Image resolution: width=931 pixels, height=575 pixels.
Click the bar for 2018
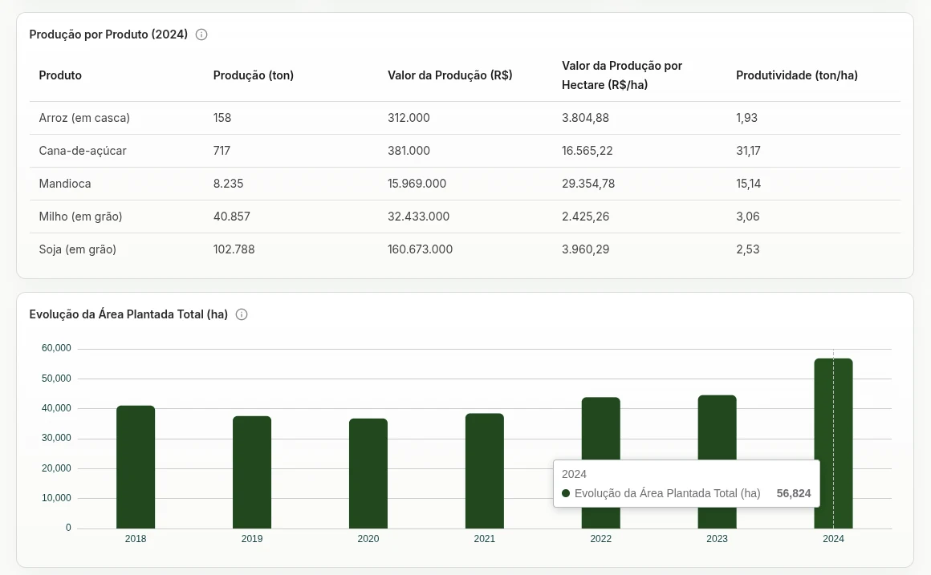tap(136, 467)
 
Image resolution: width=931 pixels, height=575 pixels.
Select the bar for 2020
tap(368, 473)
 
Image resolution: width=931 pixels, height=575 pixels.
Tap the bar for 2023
tap(718, 427)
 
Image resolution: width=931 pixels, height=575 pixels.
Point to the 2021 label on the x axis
tap(485, 539)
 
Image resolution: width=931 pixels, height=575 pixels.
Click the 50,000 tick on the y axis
tap(56, 379)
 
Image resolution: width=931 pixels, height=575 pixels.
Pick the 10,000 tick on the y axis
tap(56, 498)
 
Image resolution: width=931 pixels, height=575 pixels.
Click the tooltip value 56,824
tap(794, 494)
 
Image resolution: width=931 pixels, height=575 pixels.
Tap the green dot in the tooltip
tap(566, 493)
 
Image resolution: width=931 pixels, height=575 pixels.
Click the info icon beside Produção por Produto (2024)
tap(201, 34)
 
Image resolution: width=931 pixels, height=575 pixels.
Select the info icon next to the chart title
tap(242, 314)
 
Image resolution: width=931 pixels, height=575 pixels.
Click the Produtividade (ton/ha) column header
tap(797, 75)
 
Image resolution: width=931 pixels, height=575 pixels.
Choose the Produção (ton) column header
tap(254, 75)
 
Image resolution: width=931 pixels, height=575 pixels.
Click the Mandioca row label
tap(65, 184)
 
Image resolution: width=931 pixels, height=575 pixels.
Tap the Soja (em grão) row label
tap(78, 250)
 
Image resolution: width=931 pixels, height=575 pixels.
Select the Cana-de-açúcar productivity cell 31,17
tap(748, 151)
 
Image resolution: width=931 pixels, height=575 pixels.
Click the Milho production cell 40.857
tap(232, 217)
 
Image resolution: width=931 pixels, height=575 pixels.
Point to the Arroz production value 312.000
tap(409, 118)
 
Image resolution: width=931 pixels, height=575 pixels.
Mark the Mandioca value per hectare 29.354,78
tap(588, 184)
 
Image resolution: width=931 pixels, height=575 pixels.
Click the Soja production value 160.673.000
tap(420, 250)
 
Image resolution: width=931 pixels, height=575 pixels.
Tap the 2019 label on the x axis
tap(252, 539)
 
